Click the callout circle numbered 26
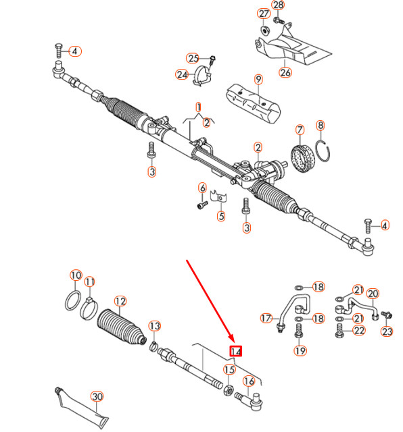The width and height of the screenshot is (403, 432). [285, 73]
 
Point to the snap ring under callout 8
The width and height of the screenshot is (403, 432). [324, 154]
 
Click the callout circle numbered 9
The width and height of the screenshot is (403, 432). [258, 80]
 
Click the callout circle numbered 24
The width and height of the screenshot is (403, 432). [182, 74]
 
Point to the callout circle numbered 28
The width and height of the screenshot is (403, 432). [279, 5]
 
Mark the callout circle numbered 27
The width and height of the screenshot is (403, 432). [263, 14]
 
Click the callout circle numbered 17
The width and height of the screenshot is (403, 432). [267, 318]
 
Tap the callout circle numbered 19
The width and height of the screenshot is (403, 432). [300, 350]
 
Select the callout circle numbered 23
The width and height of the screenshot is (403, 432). [387, 331]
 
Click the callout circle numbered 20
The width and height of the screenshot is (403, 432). [373, 294]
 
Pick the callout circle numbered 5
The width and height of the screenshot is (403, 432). [220, 217]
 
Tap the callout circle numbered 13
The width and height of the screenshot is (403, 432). [155, 327]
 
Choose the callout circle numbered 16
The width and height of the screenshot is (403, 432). [249, 381]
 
